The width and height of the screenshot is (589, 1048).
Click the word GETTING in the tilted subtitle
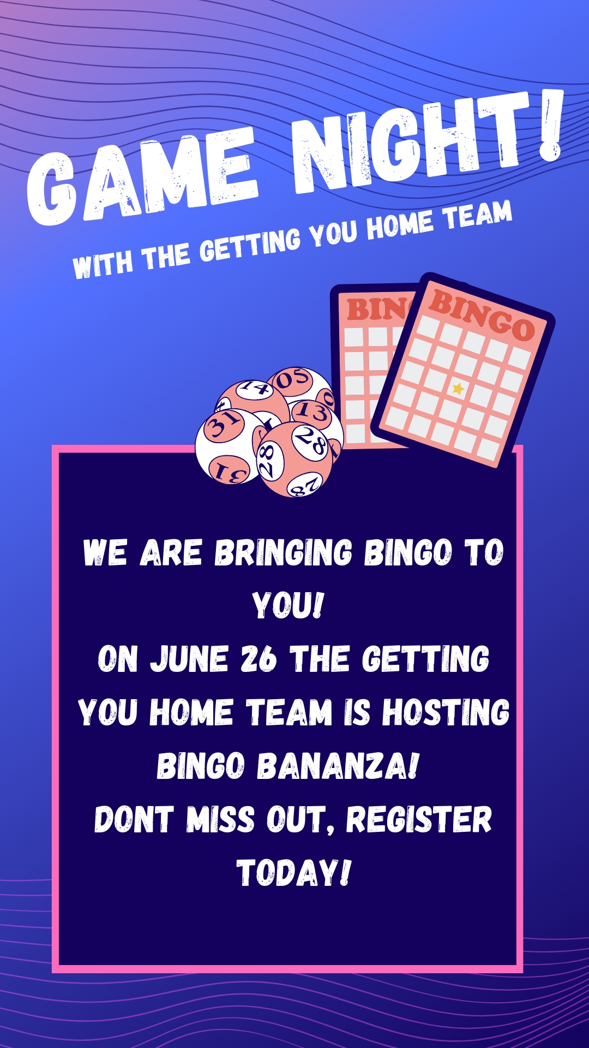pyautogui.click(x=250, y=243)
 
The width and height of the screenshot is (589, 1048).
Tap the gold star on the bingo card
pyautogui.click(x=458, y=389)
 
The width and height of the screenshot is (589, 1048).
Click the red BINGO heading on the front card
pyautogui.click(x=482, y=315)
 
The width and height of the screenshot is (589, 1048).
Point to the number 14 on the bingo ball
pyautogui.click(x=256, y=387)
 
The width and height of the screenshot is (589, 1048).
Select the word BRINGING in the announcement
pyautogui.click(x=284, y=552)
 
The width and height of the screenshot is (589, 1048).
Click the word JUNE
pyautogui.click(x=189, y=659)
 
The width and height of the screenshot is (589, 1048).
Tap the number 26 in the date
pyautogui.click(x=259, y=659)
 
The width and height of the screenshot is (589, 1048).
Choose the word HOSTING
pyautogui.click(x=446, y=712)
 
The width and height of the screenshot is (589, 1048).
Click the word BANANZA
pyautogui.click(x=338, y=765)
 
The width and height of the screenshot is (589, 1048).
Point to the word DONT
pyautogui.click(x=134, y=819)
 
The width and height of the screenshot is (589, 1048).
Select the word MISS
pyautogui.click(x=220, y=819)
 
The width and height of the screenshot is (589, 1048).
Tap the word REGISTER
pyautogui.click(x=419, y=819)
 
